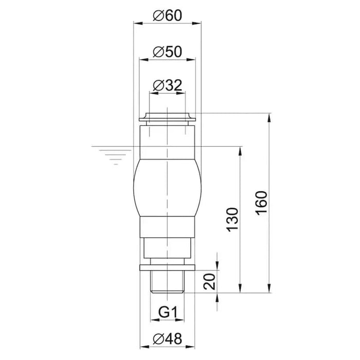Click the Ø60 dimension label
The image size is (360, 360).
pos(168,15)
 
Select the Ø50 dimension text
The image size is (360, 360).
pos(168,52)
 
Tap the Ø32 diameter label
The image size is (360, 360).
pos(168,85)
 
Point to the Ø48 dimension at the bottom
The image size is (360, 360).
pos(168,339)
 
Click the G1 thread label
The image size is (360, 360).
pos(168,312)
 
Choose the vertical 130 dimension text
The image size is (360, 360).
pos(233,220)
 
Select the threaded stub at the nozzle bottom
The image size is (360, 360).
pos(168,281)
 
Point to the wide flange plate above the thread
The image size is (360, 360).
pos(168,267)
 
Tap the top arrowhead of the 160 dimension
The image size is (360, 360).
pos(269,117)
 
